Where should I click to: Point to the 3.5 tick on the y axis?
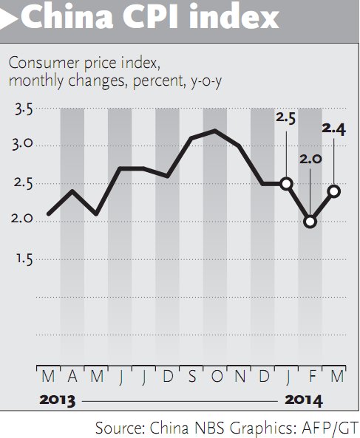pyautogui.click(x=24, y=111)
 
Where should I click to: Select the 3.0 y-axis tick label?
pyautogui.click(x=24, y=144)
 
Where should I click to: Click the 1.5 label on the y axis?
pyautogui.click(x=24, y=259)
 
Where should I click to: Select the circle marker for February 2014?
pyautogui.click(x=310, y=221)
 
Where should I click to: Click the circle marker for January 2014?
pyautogui.click(x=286, y=183)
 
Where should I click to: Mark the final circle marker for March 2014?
pyautogui.click(x=333, y=191)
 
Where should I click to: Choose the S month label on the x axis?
pyautogui.click(x=191, y=377)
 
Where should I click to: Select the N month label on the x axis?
pyautogui.click(x=239, y=377)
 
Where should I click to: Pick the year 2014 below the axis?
pyautogui.click(x=302, y=401)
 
